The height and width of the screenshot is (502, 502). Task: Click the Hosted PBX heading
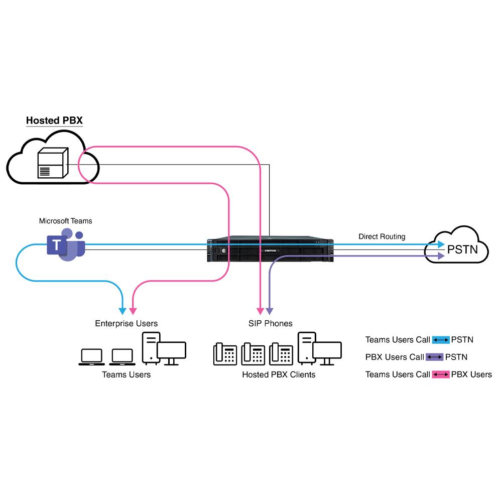(x=54, y=120)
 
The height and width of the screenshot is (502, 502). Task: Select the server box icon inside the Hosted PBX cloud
(x=52, y=163)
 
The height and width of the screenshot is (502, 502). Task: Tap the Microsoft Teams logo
(x=66, y=244)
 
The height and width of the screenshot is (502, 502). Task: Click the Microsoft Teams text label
(x=66, y=221)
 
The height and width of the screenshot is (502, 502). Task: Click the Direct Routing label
(x=382, y=236)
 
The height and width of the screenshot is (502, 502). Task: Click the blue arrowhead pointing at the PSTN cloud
(x=440, y=244)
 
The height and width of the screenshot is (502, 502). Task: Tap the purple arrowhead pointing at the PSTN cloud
(x=440, y=256)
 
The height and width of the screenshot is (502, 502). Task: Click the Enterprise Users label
(x=126, y=323)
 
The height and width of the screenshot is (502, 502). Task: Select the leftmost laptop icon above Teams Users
(x=91, y=356)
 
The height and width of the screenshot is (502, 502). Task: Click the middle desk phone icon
(x=253, y=353)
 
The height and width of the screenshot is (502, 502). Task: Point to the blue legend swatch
(x=441, y=340)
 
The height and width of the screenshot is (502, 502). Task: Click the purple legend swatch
(x=435, y=357)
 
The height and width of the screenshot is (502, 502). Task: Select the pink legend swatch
(x=441, y=374)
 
